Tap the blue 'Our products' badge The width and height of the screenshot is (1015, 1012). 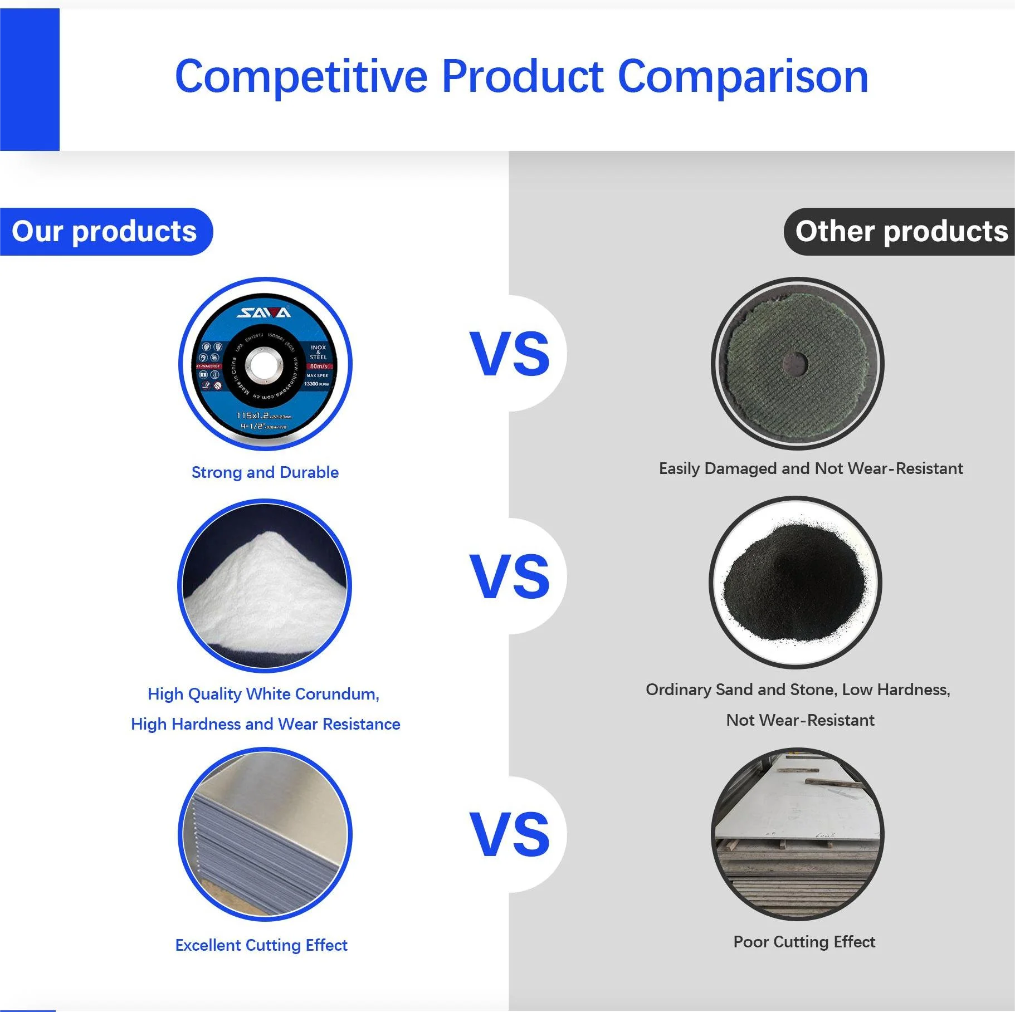click(104, 232)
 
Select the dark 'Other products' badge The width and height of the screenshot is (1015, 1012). click(900, 232)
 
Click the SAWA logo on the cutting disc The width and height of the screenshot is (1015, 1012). click(264, 312)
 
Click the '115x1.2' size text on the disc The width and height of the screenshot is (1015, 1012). click(253, 415)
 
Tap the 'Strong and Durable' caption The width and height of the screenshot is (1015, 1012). click(265, 472)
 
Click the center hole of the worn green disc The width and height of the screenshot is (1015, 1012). click(796, 364)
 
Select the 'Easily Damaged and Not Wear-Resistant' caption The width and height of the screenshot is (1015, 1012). click(811, 468)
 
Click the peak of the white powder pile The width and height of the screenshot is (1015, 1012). click(269, 536)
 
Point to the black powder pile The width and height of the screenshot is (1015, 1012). click(794, 582)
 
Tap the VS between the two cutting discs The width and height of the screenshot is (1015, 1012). click(509, 354)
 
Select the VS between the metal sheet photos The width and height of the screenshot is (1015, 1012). click(509, 834)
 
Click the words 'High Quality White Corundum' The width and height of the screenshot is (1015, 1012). click(263, 694)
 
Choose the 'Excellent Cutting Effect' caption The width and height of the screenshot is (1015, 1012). click(261, 945)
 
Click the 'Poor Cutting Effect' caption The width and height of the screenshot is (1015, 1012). click(804, 942)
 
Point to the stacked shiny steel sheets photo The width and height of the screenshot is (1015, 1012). click(265, 834)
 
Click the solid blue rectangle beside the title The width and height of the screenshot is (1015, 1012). click(30, 80)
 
